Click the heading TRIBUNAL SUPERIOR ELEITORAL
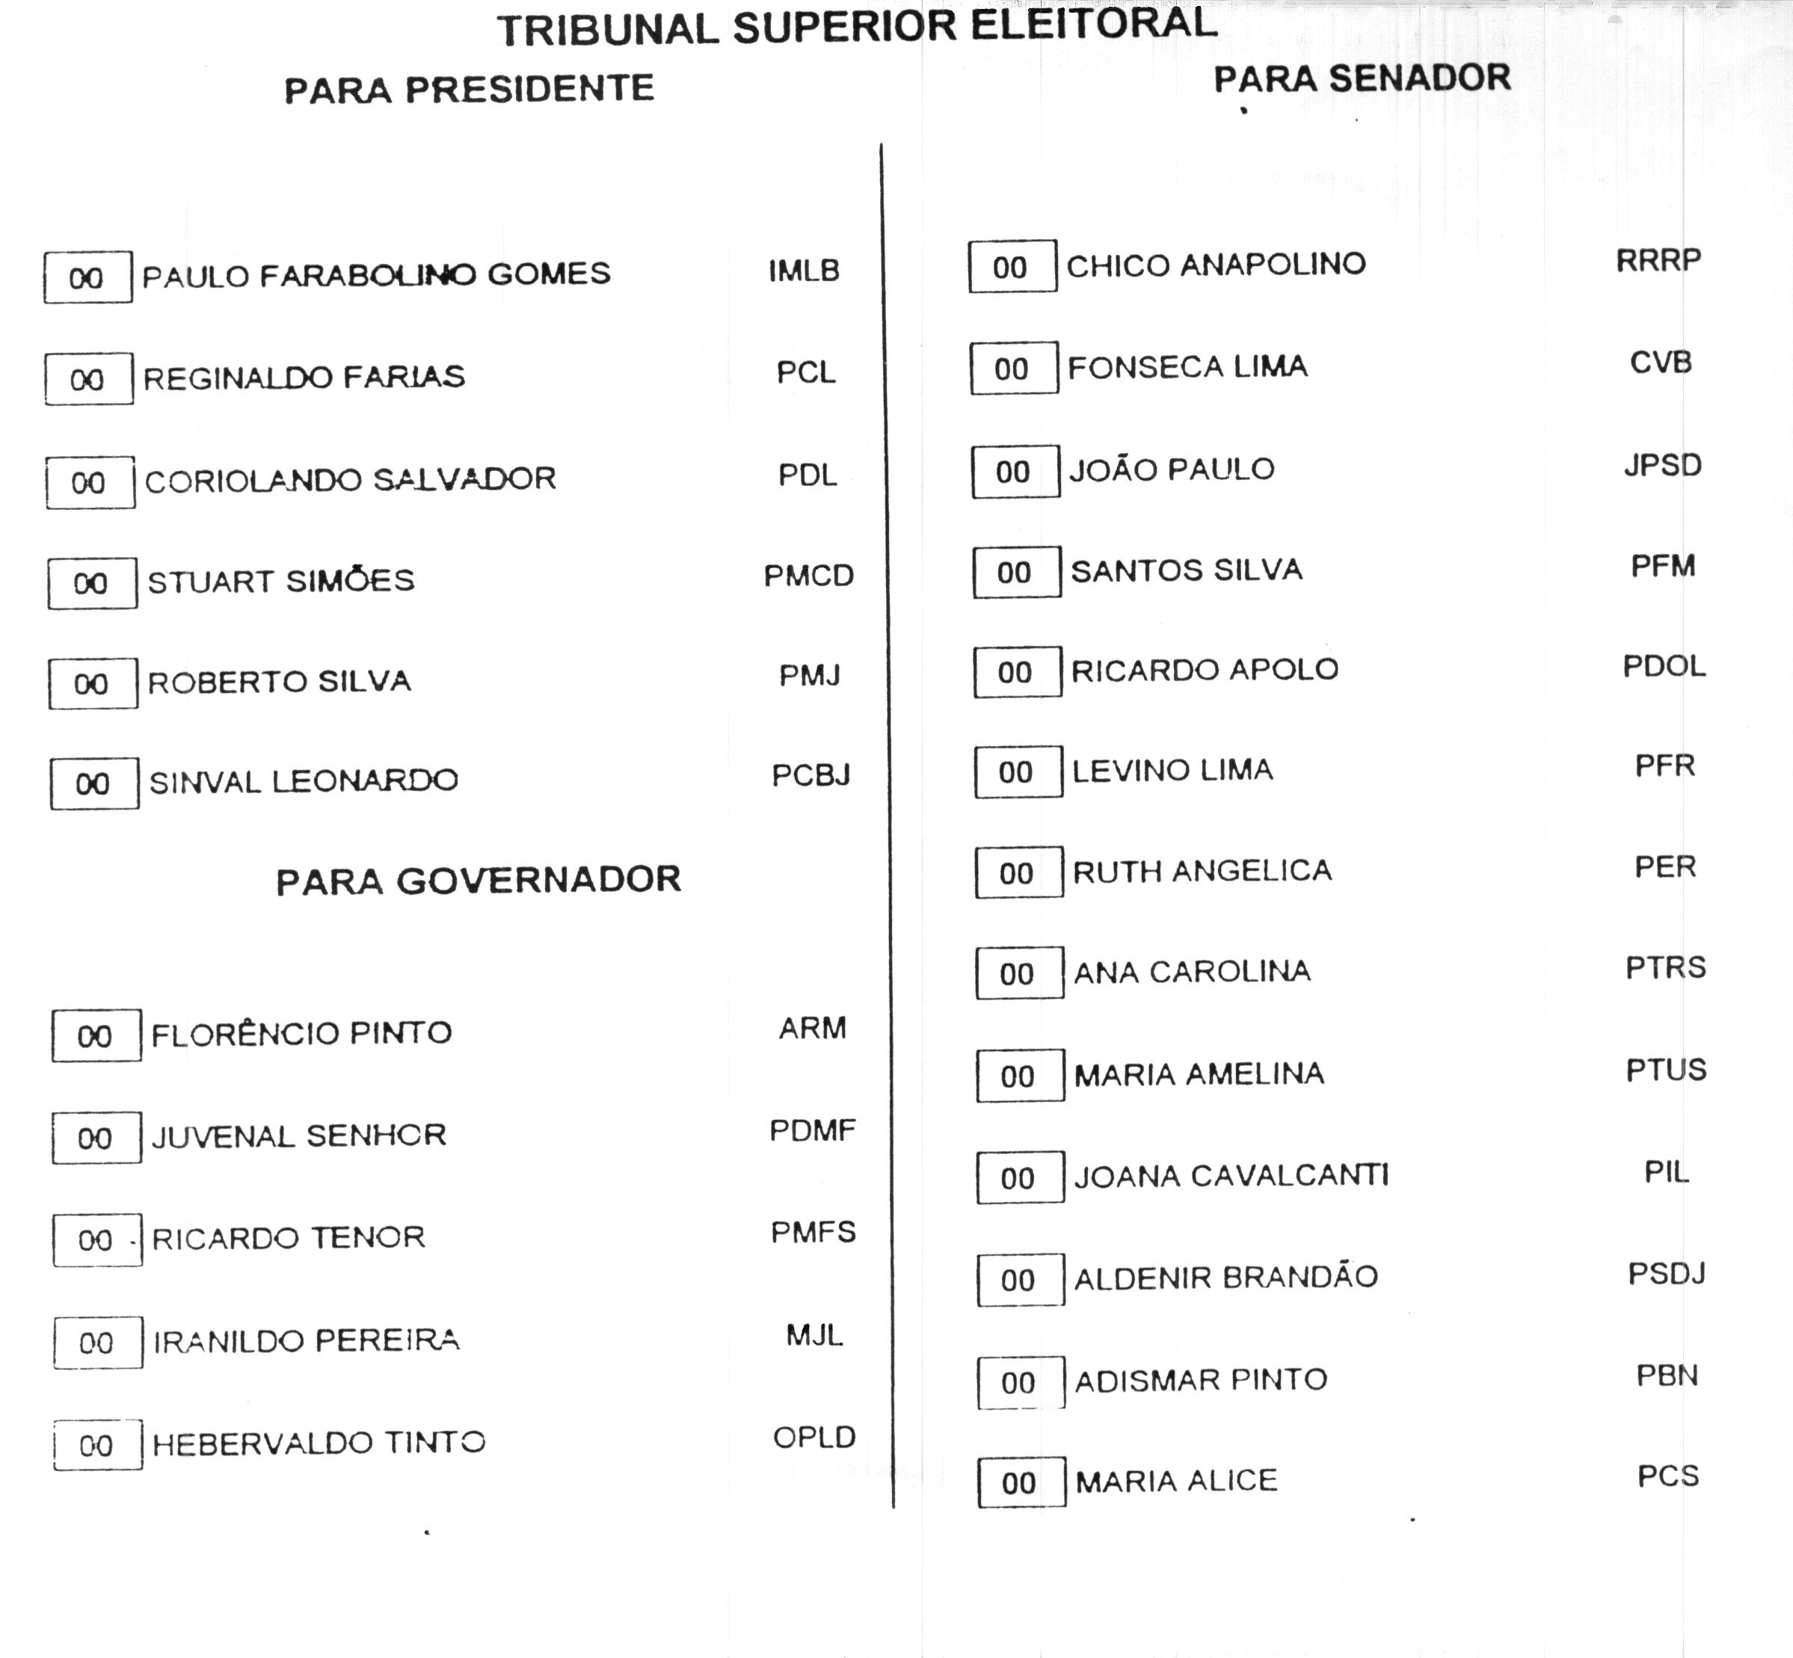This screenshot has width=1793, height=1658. tap(857, 27)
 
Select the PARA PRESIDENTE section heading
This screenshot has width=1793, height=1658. tap(470, 90)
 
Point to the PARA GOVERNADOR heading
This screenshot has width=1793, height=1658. tap(479, 880)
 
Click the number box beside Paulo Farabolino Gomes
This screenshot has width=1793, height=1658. tap(88, 278)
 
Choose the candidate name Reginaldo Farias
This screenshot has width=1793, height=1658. tap(304, 377)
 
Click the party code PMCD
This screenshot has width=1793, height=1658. tap(808, 575)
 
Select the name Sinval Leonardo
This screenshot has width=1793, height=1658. tap(304, 781)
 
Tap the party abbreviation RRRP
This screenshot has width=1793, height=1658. tap(1658, 260)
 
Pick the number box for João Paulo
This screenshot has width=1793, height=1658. tap(1015, 472)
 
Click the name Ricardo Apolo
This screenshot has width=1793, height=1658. tap(1205, 669)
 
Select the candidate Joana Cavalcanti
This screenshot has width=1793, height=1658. tap(1231, 1175)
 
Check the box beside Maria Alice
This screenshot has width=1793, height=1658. tap(1021, 1482)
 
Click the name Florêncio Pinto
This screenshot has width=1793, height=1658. tap(301, 1034)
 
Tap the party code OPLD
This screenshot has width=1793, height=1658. tap(814, 1437)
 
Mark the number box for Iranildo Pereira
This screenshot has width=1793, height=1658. tap(97, 1343)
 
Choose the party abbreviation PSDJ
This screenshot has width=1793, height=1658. tap(1667, 1274)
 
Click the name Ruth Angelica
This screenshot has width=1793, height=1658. tap(1202, 871)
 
